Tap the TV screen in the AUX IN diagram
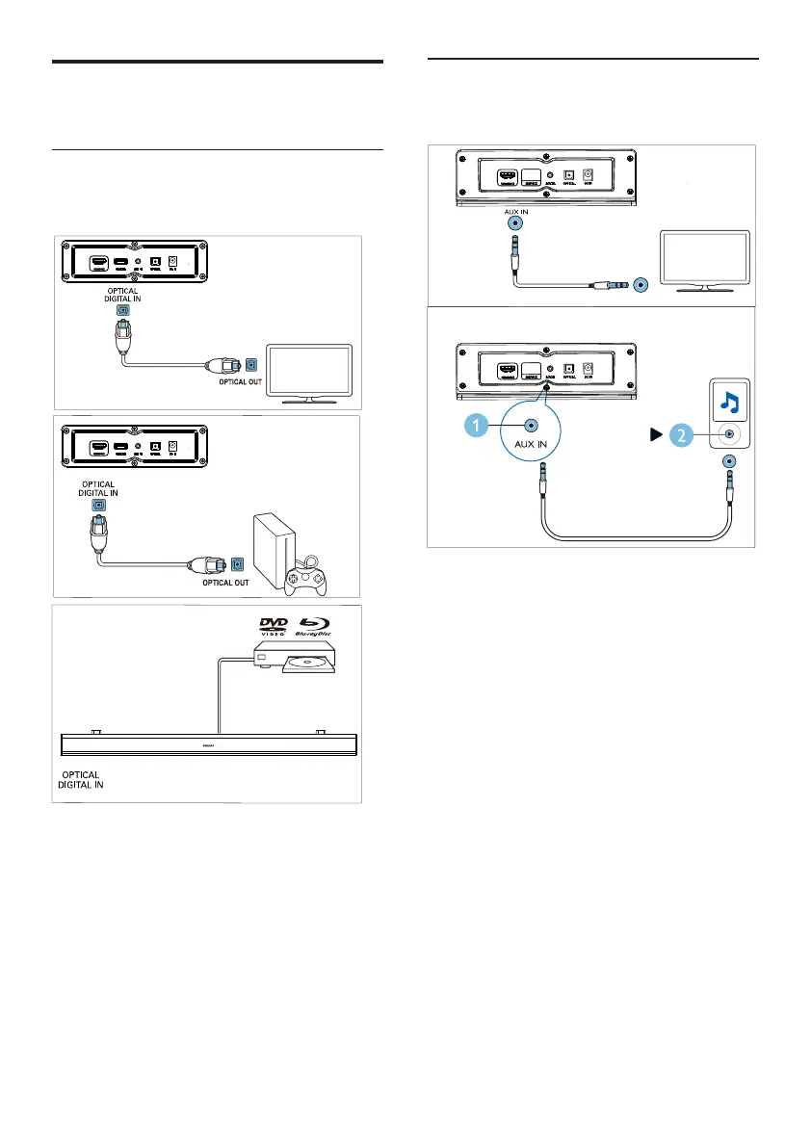tap(703, 256)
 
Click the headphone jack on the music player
tap(728, 433)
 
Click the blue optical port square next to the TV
tap(251, 365)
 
